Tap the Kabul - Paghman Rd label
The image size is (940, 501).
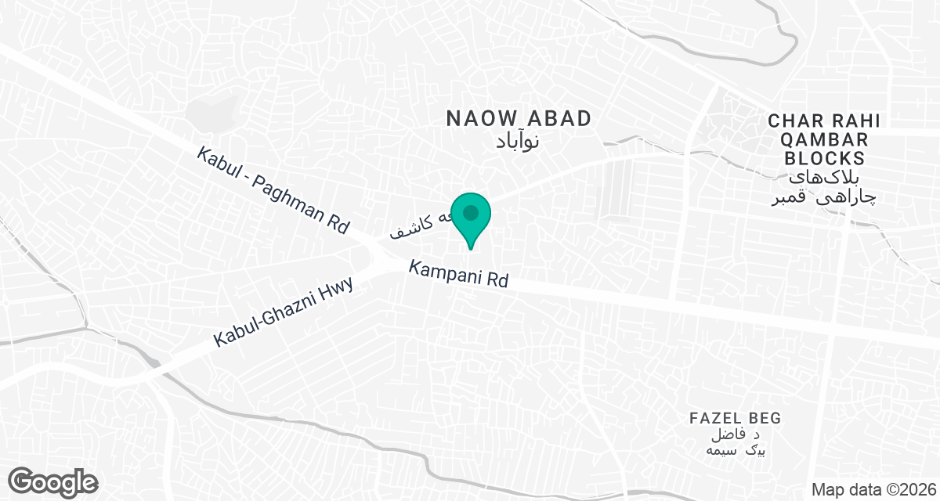[273, 190]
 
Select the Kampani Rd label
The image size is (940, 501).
[459, 274]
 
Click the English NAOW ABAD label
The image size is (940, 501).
[519, 119]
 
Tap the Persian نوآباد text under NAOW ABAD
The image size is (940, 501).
[519, 142]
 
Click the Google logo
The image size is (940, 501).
[53, 481]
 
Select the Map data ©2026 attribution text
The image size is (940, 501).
[873, 489]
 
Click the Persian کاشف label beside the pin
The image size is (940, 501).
[415, 225]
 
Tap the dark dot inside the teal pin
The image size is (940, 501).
[471, 212]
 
